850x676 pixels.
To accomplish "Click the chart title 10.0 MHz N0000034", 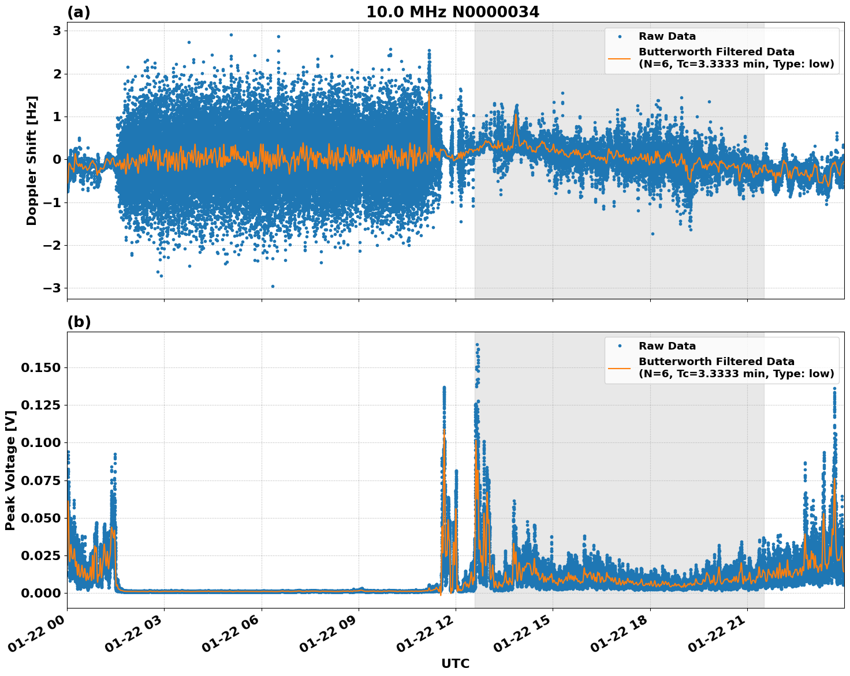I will coord(452,12).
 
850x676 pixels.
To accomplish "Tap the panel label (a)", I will coord(79,12).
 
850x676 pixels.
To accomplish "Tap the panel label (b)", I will coord(79,322).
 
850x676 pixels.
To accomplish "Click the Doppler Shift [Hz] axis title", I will coord(32,160).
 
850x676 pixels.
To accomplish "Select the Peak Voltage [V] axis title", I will coord(10,470).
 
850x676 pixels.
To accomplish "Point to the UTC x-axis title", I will coord(455,663).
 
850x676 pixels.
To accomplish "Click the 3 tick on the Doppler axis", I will coord(57,31).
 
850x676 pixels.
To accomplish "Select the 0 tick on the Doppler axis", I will coord(57,159).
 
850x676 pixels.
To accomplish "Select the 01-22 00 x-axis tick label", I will coord(40,634).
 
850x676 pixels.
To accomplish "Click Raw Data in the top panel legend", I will coord(667,36).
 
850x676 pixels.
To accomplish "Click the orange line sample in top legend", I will coord(620,58).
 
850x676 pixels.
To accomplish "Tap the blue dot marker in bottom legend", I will coord(620,346).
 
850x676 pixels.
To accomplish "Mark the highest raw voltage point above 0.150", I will coord(477,345).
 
